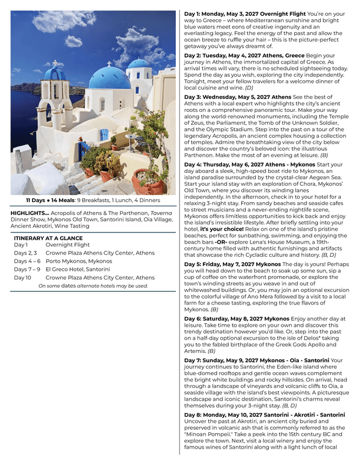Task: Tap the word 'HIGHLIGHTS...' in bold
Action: [x=30, y=213]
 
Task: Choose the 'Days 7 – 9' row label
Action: [x=26, y=270]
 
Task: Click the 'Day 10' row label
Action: [x=23, y=278]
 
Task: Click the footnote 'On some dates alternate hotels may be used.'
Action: [x=93, y=286]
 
